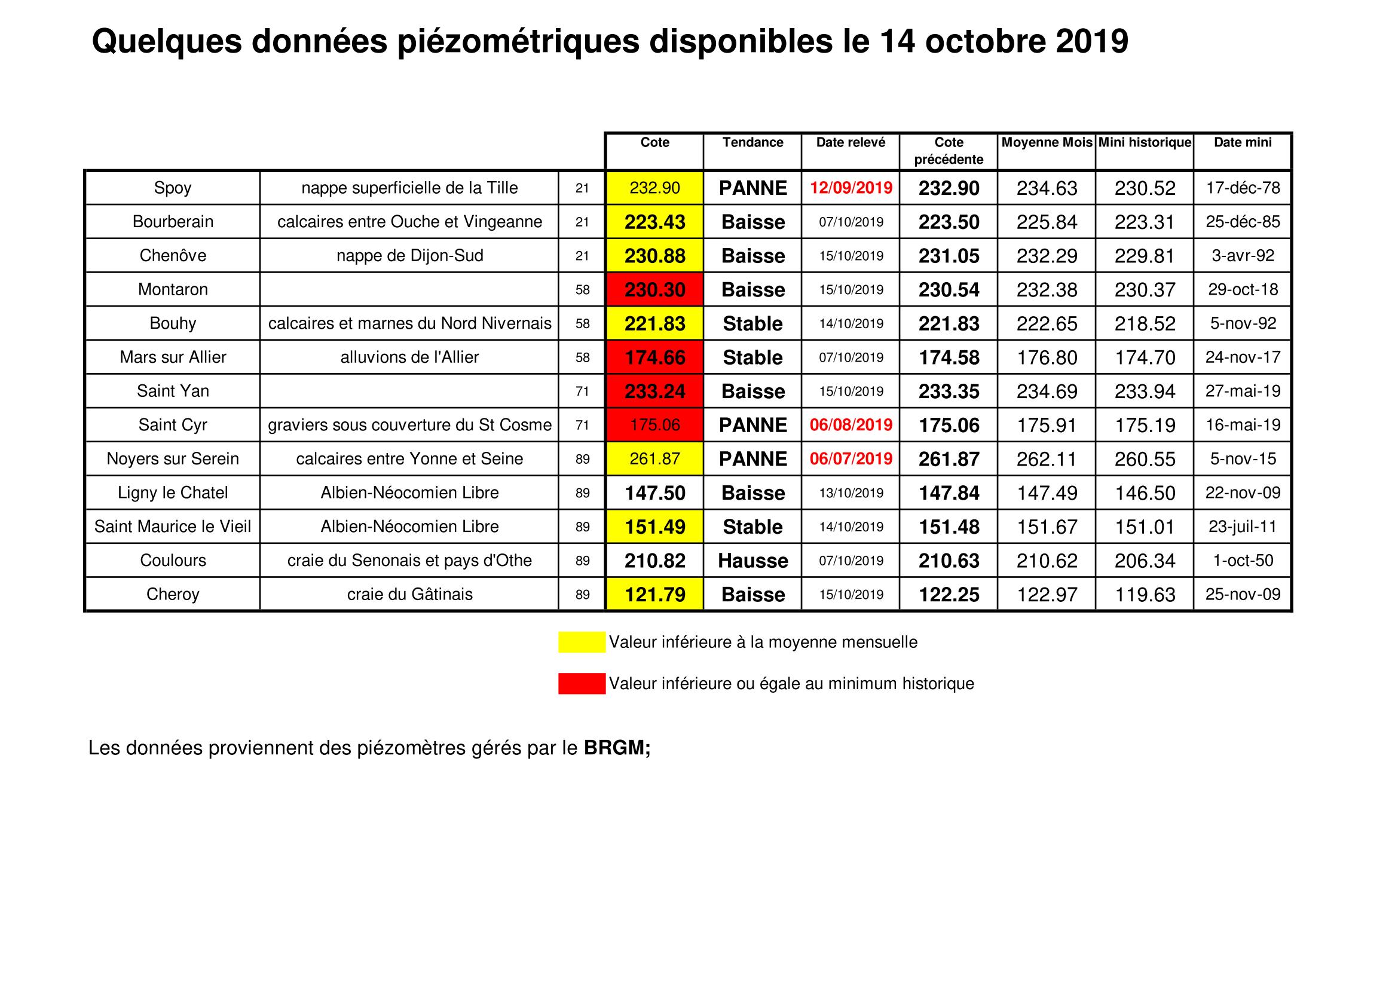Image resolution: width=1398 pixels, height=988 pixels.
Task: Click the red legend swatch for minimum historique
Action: pyautogui.click(x=582, y=684)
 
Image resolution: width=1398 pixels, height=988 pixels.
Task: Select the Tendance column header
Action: pyautogui.click(x=752, y=142)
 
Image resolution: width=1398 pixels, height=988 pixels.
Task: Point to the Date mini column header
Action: pyautogui.click(x=1242, y=142)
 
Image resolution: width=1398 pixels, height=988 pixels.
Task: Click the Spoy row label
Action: pyautogui.click(x=173, y=188)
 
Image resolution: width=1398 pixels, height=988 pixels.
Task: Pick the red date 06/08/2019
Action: pyautogui.click(x=851, y=425)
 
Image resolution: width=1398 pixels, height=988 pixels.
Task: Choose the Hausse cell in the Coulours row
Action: pyautogui.click(x=752, y=561)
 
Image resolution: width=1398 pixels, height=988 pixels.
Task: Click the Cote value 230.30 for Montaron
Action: pyautogui.click(x=654, y=290)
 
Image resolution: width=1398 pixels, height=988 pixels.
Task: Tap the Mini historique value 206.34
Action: pyautogui.click(x=1145, y=561)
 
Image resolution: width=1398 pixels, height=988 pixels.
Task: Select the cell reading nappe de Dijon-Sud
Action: pyautogui.click(x=410, y=256)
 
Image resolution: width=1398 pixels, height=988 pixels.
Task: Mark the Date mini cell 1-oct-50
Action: pyautogui.click(x=1243, y=561)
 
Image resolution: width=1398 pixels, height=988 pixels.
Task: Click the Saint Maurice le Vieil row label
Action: pyautogui.click(x=173, y=527)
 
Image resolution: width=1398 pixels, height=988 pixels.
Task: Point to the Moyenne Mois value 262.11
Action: pyautogui.click(x=1047, y=459)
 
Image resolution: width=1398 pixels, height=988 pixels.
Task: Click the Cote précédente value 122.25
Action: pyautogui.click(x=949, y=595)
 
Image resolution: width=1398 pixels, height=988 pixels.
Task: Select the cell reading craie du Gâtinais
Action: pyautogui.click(x=410, y=595)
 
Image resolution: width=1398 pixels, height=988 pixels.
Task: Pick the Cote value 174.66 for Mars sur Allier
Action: pyautogui.click(x=654, y=357)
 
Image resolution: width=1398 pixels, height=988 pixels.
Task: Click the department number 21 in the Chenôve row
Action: pyautogui.click(x=582, y=256)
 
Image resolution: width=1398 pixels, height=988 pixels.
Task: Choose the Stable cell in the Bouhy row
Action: pyautogui.click(x=752, y=324)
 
